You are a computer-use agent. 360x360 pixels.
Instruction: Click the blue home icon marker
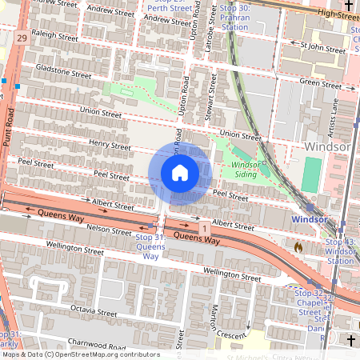[x=180, y=173]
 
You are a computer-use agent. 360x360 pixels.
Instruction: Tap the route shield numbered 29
[x=21, y=38]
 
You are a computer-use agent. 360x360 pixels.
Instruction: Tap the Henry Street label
[x=110, y=146]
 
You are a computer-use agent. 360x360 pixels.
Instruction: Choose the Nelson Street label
[x=110, y=230]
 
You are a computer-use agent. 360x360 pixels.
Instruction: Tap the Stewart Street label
[x=214, y=97]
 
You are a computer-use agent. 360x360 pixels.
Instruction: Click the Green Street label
[x=320, y=83]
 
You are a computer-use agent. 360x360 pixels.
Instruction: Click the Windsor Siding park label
[x=244, y=169]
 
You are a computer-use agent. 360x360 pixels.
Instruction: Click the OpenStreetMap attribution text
[x=80, y=354]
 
